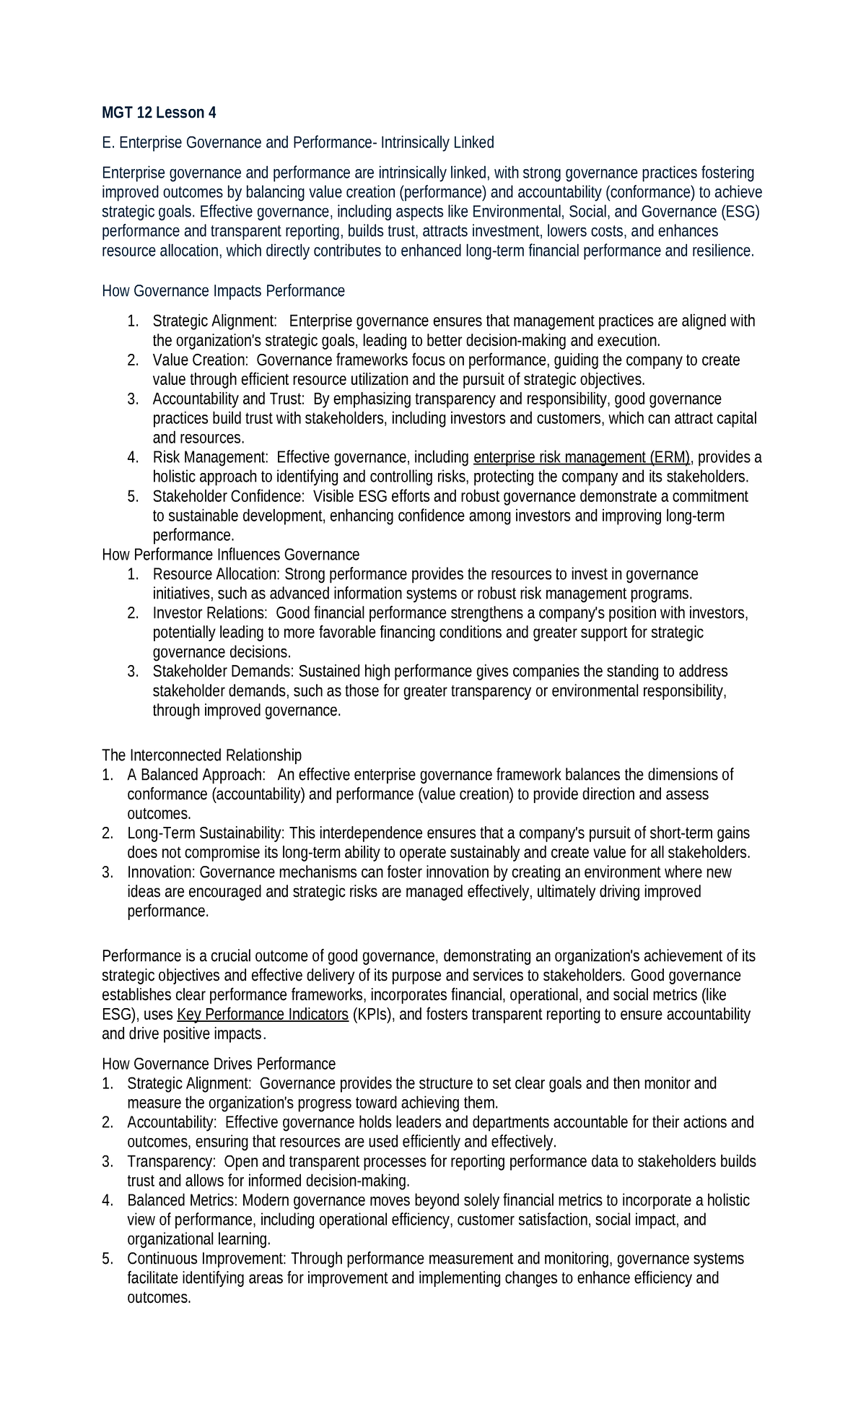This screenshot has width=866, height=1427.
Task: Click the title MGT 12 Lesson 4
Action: (159, 113)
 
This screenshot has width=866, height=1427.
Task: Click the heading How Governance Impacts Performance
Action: (223, 291)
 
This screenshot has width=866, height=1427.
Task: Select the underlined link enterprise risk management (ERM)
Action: (582, 457)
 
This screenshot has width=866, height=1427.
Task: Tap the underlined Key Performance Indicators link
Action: (263, 1015)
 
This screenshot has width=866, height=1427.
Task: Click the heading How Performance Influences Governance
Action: (230, 555)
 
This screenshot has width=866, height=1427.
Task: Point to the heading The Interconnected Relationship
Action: (201, 755)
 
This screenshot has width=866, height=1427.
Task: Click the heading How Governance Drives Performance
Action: (219, 1064)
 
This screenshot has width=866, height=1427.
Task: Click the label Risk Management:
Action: (210, 457)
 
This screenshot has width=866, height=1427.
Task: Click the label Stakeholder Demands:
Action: (224, 672)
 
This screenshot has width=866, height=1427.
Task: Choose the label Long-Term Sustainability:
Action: (206, 833)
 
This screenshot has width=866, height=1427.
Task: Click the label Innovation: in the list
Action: (161, 872)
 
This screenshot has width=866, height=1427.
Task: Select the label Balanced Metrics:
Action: (183, 1200)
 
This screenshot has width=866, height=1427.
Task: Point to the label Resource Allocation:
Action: (216, 574)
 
